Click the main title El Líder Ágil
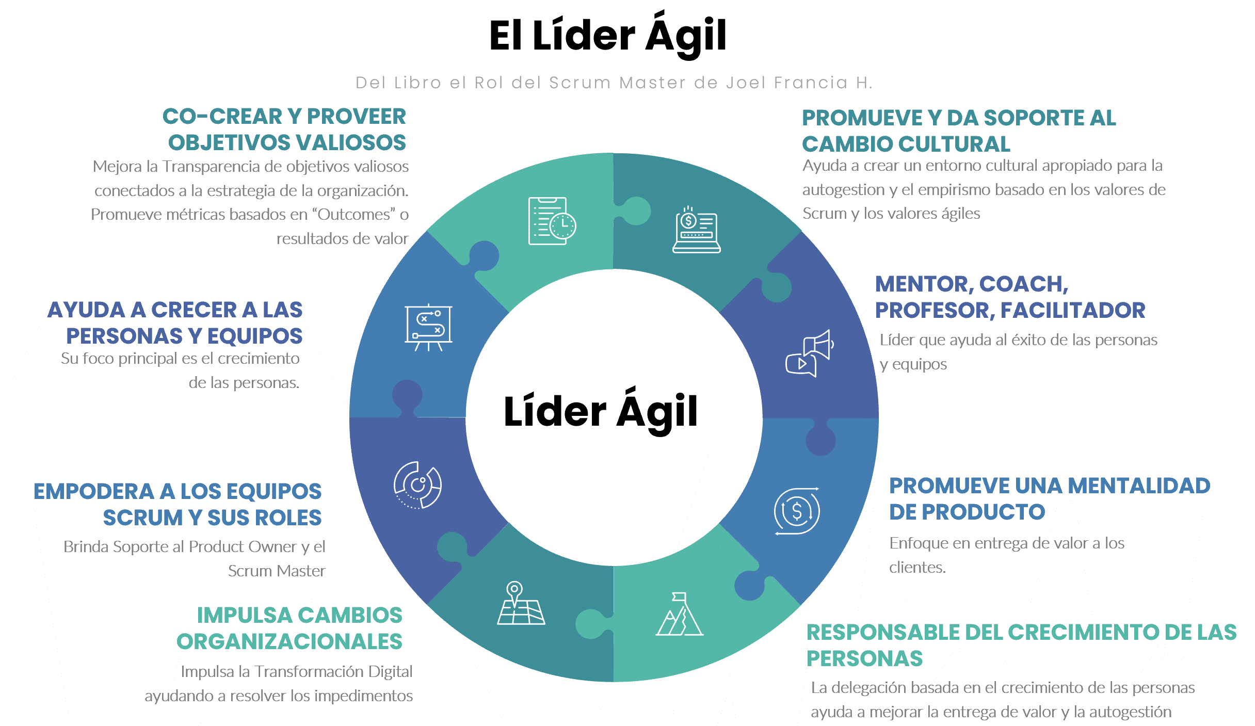[607, 36]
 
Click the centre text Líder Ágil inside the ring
[601, 412]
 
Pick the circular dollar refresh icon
[797, 511]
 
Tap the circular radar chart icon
[417, 485]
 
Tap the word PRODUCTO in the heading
[984, 512]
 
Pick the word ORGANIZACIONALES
[289, 642]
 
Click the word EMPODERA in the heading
[93, 492]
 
